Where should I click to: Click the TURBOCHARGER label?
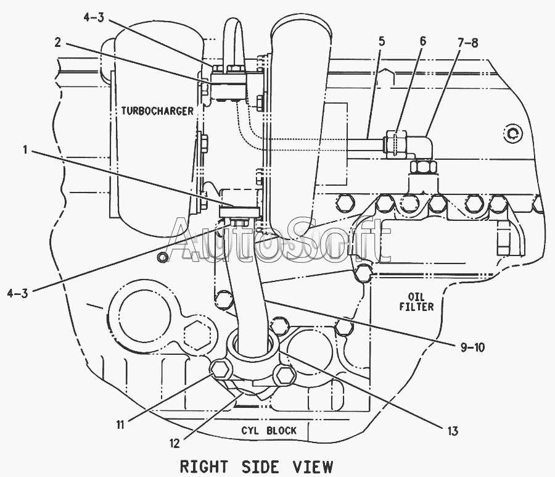pos(157,111)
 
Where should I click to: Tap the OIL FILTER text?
pos(417,302)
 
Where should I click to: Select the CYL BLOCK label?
pos(269,431)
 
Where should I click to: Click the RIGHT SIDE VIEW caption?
pos(257,467)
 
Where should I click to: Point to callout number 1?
pos(25,150)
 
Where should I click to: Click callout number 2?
pos(58,43)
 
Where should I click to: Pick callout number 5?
pos(381,41)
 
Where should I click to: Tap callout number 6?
pos(423,41)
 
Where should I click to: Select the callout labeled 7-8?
pos(467,43)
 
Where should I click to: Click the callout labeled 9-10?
pos(472,348)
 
